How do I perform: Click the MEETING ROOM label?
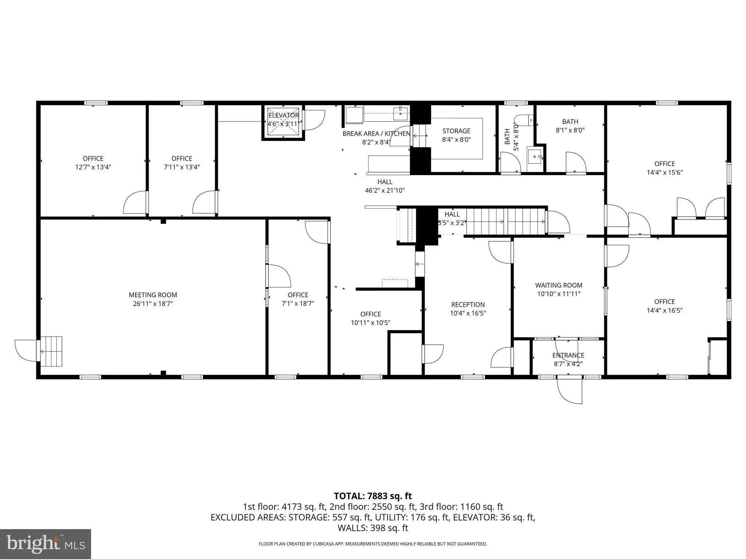click(153, 295)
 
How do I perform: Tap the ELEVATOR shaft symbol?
click(283, 123)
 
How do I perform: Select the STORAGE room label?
click(456, 131)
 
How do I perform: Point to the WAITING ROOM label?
click(559, 285)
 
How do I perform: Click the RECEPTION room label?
click(468, 305)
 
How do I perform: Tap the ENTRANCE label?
click(568, 355)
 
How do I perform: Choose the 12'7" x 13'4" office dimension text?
click(93, 167)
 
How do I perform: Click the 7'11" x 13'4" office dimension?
click(182, 167)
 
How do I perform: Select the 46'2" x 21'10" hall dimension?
click(385, 190)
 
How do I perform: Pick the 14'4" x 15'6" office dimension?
click(665, 173)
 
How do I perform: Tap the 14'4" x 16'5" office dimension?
click(665, 310)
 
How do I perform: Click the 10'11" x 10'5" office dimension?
click(371, 323)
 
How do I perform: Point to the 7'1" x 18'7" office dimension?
click(298, 304)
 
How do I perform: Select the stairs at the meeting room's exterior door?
click(51, 351)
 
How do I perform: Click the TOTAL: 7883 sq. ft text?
click(373, 496)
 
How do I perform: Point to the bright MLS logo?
click(46, 544)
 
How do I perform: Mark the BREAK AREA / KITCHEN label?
click(377, 134)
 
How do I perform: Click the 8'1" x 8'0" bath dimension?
click(570, 130)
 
